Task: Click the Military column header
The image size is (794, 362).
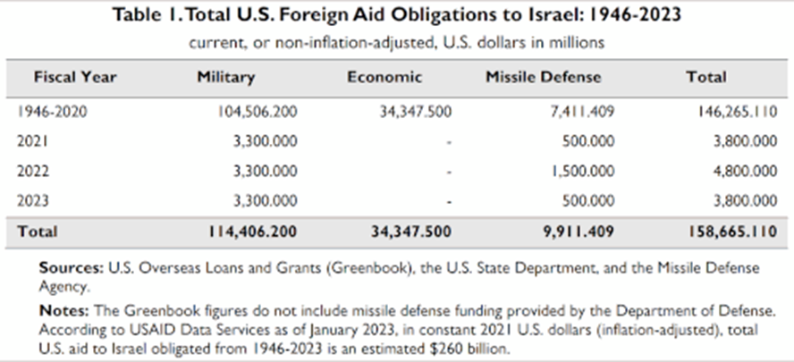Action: (x=226, y=78)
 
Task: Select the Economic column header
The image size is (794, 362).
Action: (x=384, y=78)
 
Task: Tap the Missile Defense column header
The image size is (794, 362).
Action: (x=544, y=78)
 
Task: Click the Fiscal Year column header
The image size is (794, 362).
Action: (x=75, y=78)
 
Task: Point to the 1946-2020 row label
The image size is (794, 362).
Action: (x=52, y=112)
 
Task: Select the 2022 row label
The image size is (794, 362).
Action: (x=33, y=171)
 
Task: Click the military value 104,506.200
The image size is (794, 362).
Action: (x=258, y=112)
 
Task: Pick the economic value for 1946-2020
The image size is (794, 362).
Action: (x=415, y=112)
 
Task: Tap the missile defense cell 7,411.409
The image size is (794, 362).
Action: (x=582, y=112)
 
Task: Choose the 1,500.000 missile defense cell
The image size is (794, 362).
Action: (x=582, y=171)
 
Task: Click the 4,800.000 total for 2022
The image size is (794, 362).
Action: (x=745, y=171)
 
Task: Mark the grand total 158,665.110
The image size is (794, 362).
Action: (x=732, y=232)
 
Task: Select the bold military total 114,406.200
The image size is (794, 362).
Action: (x=252, y=232)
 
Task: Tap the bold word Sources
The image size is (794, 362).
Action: (x=72, y=268)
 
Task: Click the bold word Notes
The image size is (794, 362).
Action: (x=64, y=311)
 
